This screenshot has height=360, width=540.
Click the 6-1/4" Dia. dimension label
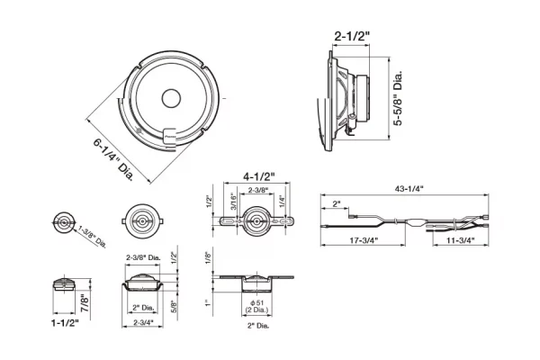pyautogui.click(x=113, y=160)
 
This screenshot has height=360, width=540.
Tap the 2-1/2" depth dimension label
pyautogui.click(x=352, y=36)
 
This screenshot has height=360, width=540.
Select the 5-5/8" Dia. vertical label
pyautogui.click(x=398, y=98)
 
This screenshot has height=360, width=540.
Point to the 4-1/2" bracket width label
pyautogui.click(x=259, y=176)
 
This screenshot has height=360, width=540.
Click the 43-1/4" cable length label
pyautogui.click(x=409, y=188)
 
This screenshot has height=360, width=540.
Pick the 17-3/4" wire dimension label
pyautogui.click(x=364, y=240)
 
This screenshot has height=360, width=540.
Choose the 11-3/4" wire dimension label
pyautogui.click(x=461, y=240)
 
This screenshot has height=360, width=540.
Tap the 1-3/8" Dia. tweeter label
pyautogui.click(x=92, y=237)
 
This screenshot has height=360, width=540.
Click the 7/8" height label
pyautogui.click(x=85, y=303)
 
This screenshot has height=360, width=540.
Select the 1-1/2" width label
pyautogui.click(x=65, y=323)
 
